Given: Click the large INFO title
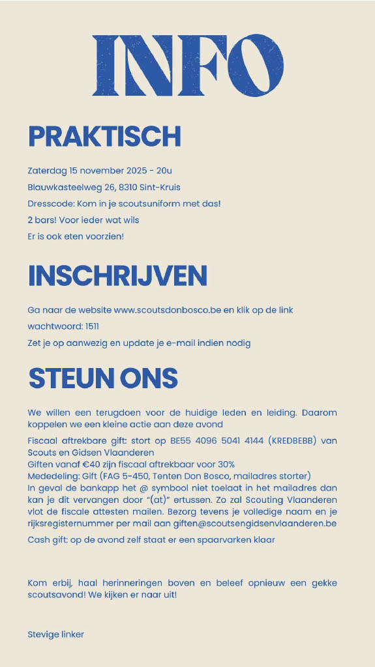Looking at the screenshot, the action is pyautogui.click(x=188, y=65).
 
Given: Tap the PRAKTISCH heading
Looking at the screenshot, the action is pyautogui.click(x=104, y=137).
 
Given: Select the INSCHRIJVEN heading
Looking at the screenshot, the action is pyautogui.click(x=117, y=276).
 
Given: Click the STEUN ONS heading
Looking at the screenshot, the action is pyautogui.click(x=103, y=378).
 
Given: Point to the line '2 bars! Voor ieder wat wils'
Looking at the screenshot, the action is pyautogui.click(x=83, y=220).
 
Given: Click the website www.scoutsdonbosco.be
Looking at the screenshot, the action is pyautogui.click(x=168, y=310).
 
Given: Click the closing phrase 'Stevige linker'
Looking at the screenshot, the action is pyautogui.click(x=56, y=634).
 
